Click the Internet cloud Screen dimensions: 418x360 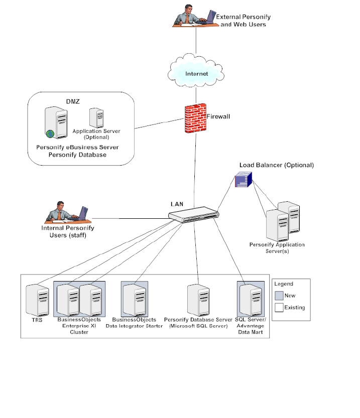coord(196,74)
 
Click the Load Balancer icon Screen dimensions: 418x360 coord(243,180)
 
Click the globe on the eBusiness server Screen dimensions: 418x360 coord(50,133)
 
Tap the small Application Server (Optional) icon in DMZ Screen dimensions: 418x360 coord(96,117)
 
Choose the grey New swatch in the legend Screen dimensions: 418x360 coord(279,295)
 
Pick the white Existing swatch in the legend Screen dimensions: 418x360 coord(279,307)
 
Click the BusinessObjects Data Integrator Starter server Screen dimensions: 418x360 coord(134,300)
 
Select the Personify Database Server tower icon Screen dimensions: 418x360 coord(198,300)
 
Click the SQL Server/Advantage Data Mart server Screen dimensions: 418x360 coord(250,300)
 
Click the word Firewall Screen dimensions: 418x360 coord(218,116)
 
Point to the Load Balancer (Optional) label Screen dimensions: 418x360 coord(276,165)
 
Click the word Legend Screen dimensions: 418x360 coord(284,284)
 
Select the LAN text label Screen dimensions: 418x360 coord(177,204)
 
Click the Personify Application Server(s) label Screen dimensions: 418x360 coord(277,247)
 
